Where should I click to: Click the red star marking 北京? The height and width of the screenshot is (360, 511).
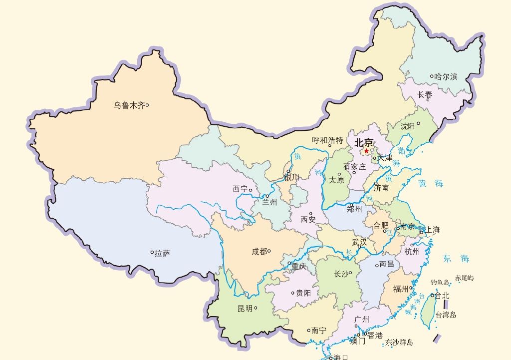point(367,151)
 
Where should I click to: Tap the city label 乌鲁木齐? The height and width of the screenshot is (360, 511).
point(129,105)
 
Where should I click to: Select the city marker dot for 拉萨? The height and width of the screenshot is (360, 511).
point(152,253)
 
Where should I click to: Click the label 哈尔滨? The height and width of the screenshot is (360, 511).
point(446,76)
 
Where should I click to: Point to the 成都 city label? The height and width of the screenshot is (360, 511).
point(259,252)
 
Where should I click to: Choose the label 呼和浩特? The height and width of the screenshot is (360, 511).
point(327,140)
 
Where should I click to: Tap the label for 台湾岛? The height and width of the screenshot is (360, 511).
point(446,315)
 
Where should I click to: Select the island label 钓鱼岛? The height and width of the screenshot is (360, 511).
point(440,282)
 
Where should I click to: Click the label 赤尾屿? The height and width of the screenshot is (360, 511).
point(464,278)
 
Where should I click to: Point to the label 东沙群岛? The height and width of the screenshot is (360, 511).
point(399,343)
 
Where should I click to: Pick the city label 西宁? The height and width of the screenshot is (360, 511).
point(240,189)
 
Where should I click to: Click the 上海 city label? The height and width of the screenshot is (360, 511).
point(433,230)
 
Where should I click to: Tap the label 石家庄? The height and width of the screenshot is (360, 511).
point(354,166)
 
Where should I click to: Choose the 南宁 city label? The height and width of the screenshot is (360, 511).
point(318,331)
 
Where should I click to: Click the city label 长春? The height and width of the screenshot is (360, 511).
point(425,94)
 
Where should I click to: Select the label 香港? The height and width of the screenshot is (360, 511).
point(375,336)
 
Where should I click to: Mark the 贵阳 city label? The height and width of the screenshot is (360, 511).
point(303,293)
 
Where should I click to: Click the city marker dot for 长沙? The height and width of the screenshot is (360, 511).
point(351,273)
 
